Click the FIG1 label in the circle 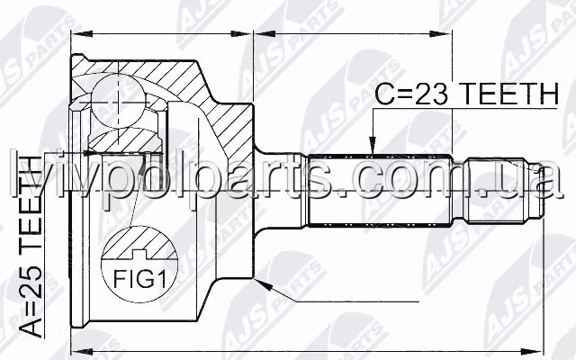(x=140, y=278)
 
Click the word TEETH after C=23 (x=509, y=94)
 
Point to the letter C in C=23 (x=383, y=94)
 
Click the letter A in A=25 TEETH (x=31, y=328)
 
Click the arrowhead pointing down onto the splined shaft (x=373, y=146)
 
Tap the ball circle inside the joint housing (x=118, y=100)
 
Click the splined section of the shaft (x=380, y=191)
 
